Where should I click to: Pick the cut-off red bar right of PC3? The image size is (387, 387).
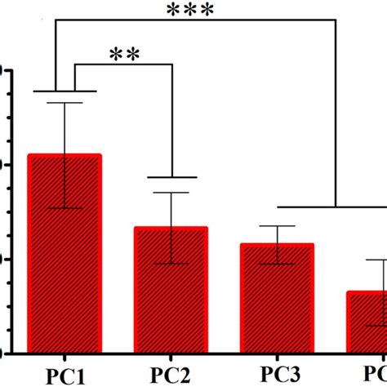[367, 322]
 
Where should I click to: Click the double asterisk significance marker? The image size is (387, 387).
[123, 55]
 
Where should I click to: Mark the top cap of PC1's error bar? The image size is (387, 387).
[64, 103]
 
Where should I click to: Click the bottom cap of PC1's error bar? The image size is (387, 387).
[64, 208]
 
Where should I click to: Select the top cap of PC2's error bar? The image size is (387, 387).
[171, 193]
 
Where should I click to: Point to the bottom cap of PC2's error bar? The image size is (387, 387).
[171, 263]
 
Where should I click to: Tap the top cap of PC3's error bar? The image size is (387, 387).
[278, 226]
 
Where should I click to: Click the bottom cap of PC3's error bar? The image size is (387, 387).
[278, 263]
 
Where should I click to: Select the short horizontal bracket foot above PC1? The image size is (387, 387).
[64, 91]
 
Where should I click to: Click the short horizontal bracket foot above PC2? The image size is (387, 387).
[171, 177]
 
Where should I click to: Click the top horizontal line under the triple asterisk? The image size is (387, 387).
[196, 24]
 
